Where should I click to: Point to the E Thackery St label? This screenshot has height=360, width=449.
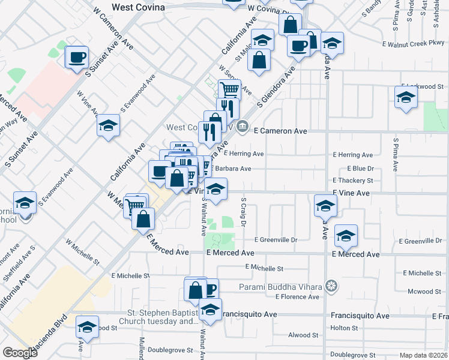353,181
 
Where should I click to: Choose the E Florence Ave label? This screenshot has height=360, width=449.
297,296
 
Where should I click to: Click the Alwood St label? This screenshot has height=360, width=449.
303,335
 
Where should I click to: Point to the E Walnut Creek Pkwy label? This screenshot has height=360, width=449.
415,44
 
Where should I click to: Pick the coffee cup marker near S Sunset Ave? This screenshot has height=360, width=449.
77,58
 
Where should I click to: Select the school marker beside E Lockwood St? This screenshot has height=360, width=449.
406,97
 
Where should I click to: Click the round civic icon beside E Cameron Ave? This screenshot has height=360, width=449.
243,125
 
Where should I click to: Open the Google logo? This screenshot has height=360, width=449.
20,353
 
